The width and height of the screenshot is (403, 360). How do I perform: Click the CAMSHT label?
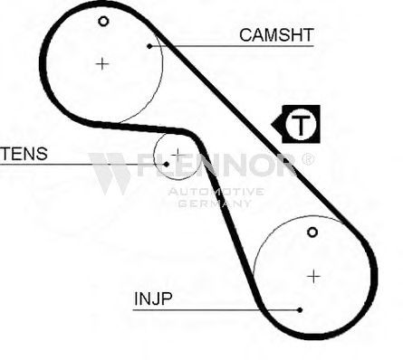pos(276,35)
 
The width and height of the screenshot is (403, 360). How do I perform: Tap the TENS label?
pos(24,154)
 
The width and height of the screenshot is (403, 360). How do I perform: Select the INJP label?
pos(153,298)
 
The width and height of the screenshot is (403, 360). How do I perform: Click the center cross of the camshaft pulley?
pos(102,64)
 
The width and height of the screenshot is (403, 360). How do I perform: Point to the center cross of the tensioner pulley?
pos(178,155)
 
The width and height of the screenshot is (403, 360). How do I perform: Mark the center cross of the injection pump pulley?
pos(314,277)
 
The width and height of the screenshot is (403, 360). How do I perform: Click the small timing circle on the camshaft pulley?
pos(103,22)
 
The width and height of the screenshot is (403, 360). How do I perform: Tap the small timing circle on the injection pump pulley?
pos(312,232)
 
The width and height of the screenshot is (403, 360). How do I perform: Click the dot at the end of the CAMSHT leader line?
pos(149,46)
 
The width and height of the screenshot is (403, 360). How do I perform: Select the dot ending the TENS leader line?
pos(167,165)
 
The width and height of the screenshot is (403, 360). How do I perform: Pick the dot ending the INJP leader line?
pos(300,310)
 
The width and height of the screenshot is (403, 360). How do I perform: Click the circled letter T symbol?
pos(301,124)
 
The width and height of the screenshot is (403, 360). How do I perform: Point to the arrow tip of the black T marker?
pos(272,124)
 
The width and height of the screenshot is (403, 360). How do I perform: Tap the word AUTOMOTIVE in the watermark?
pos(216,192)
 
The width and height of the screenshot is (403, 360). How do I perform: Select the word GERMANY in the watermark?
pos(215,204)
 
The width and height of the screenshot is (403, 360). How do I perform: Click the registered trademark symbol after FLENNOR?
pos(308,159)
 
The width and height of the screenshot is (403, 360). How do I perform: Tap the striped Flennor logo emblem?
pos(110,174)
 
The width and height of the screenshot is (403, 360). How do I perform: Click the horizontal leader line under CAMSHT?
pos(232,46)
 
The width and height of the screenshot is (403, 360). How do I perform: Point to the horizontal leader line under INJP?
pos(216,310)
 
